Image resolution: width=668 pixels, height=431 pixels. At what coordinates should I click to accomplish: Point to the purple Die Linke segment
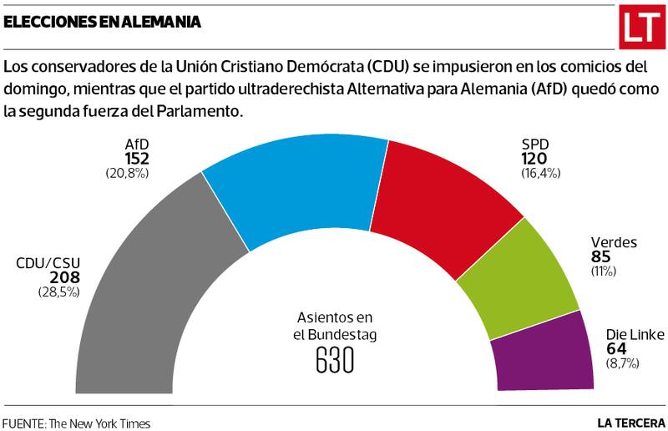point(543,351)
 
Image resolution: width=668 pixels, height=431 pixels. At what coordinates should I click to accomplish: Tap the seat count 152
point(137,159)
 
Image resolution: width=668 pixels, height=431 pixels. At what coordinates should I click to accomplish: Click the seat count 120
point(535,159)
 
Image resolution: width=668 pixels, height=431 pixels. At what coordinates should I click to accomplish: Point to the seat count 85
point(601,257)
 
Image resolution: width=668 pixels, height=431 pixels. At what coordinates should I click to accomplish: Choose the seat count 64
point(615,349)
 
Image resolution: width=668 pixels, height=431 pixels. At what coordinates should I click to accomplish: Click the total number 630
point(335,360)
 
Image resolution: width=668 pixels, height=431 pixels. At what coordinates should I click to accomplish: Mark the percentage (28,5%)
point(58,292)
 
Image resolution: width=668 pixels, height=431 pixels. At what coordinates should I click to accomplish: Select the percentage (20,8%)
point(127,173)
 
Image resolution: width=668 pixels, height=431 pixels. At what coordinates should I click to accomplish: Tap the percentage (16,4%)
point(539,173)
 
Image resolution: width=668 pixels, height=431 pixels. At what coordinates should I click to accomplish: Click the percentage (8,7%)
point(622,363)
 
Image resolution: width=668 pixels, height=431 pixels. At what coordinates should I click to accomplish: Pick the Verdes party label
point(614,243)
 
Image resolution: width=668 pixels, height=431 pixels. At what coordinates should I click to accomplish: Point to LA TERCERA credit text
point(630,423)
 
